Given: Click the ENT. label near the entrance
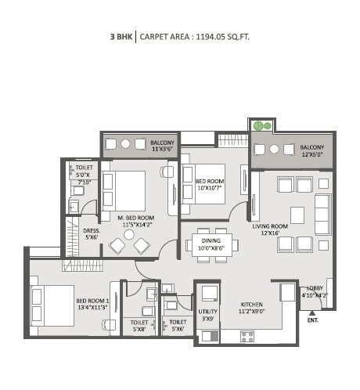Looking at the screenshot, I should point(312,320).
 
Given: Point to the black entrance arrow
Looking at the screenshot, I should point(311,310).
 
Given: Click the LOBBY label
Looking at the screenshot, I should point(315,289).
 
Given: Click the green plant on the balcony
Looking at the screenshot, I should point(261,125).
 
